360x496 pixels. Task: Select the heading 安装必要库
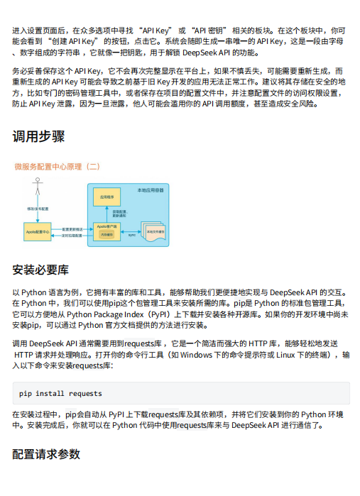pyautogui.click(x=40, y=270)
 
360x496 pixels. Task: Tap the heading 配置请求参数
pyautogui.click(x=46, y=454)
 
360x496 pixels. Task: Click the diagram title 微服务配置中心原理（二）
pyautogui.click(x=58, y=167)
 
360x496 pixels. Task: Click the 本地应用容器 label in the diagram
pyautogui.click(x=151, y=189)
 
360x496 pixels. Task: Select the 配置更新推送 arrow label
pyautogui.click(x=72, y=228)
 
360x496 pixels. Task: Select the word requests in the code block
pyautogui.click(x=86, y=393)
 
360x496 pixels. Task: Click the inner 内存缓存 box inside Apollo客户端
pyautogui.click(x=107, y=233)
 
